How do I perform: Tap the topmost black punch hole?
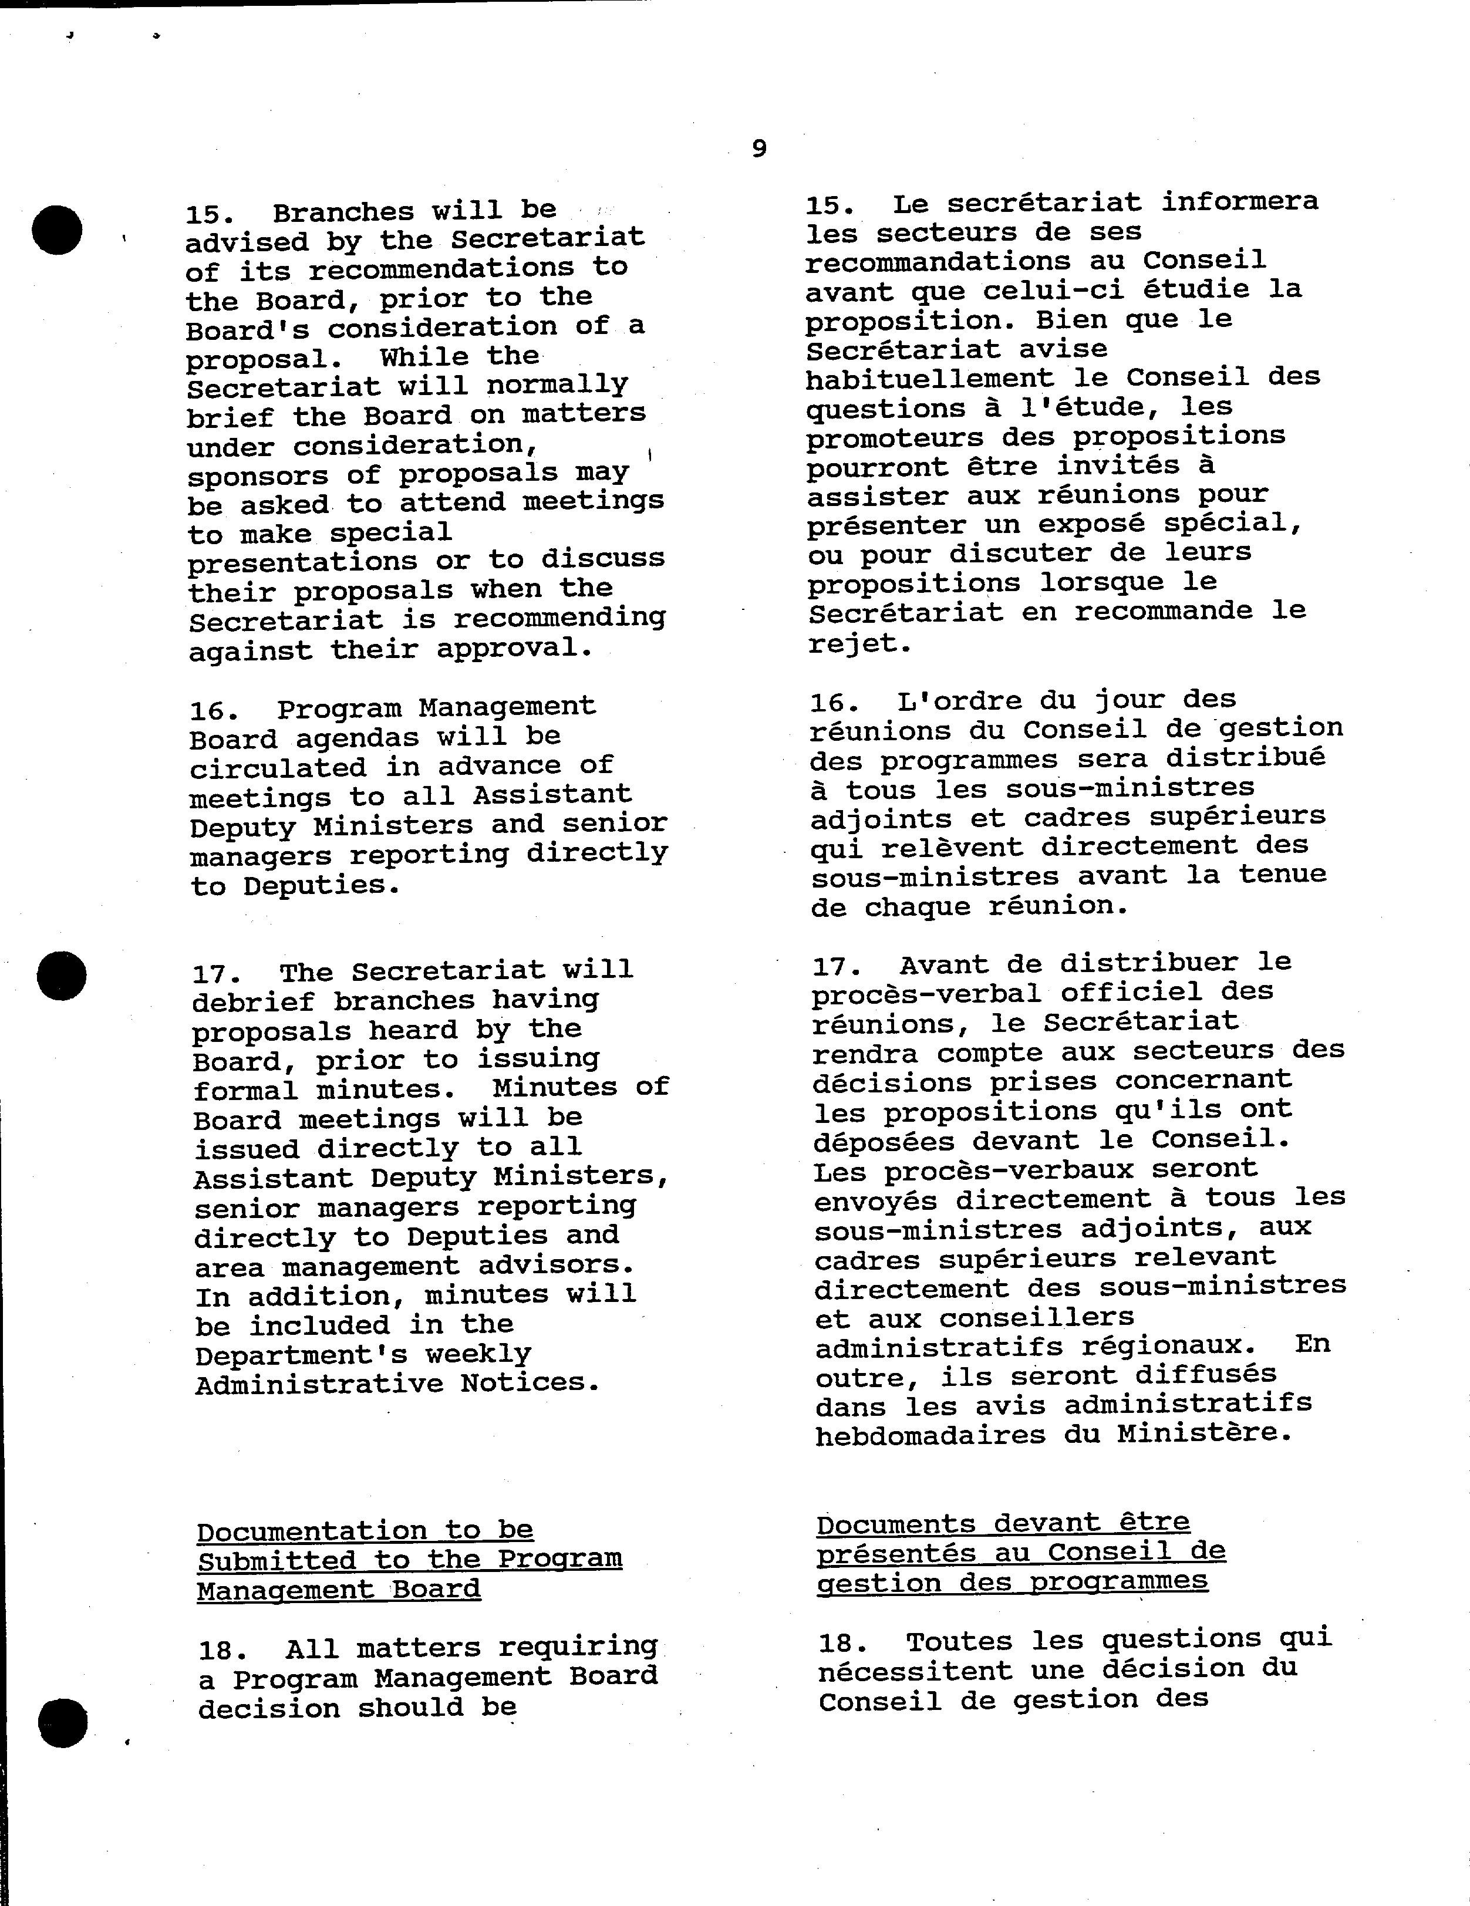click(x=58, y=230)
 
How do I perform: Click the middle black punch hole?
click(x=62, y=976)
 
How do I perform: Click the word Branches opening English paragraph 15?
click(x=343, y=212)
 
